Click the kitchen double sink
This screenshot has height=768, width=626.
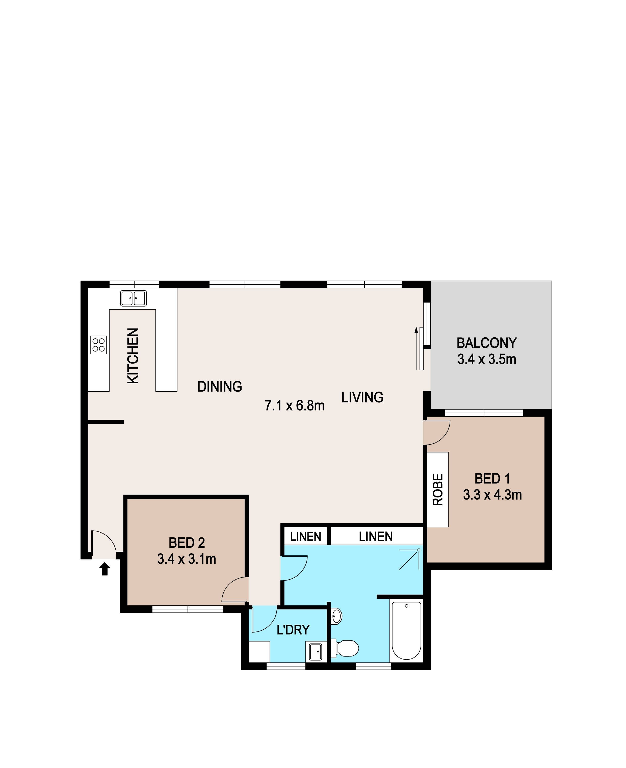click(x=134, y=298)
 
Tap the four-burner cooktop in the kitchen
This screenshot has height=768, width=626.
click(x=98, y=345)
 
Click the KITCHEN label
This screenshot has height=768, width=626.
click(x=133, y=356)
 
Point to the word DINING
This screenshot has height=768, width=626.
click(x=220, y=387)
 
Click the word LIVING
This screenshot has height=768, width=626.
click(x=362, y=398)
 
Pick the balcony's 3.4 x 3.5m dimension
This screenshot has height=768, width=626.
click(x=487, y=359)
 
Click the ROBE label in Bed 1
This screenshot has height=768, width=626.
click(x=437, y=490)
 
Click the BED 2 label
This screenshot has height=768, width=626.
click(x=187, y=542)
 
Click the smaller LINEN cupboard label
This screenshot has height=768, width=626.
click(x=306, y=537)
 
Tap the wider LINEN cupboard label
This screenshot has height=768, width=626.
click(x=376, y=537)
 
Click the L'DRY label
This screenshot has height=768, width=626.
click(x=293, y=629)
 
